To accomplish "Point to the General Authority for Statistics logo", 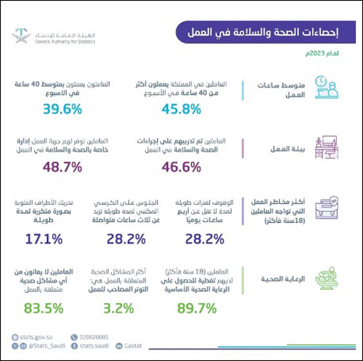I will coord(50,36).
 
